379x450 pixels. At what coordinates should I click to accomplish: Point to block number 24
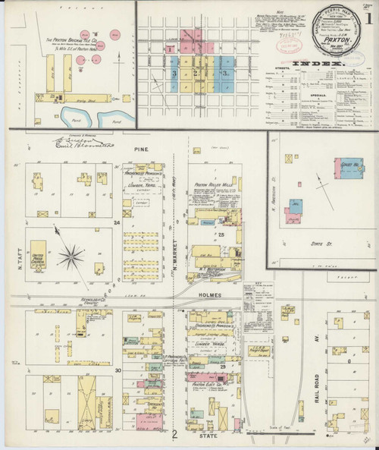117,223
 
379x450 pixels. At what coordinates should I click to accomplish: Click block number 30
117,370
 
